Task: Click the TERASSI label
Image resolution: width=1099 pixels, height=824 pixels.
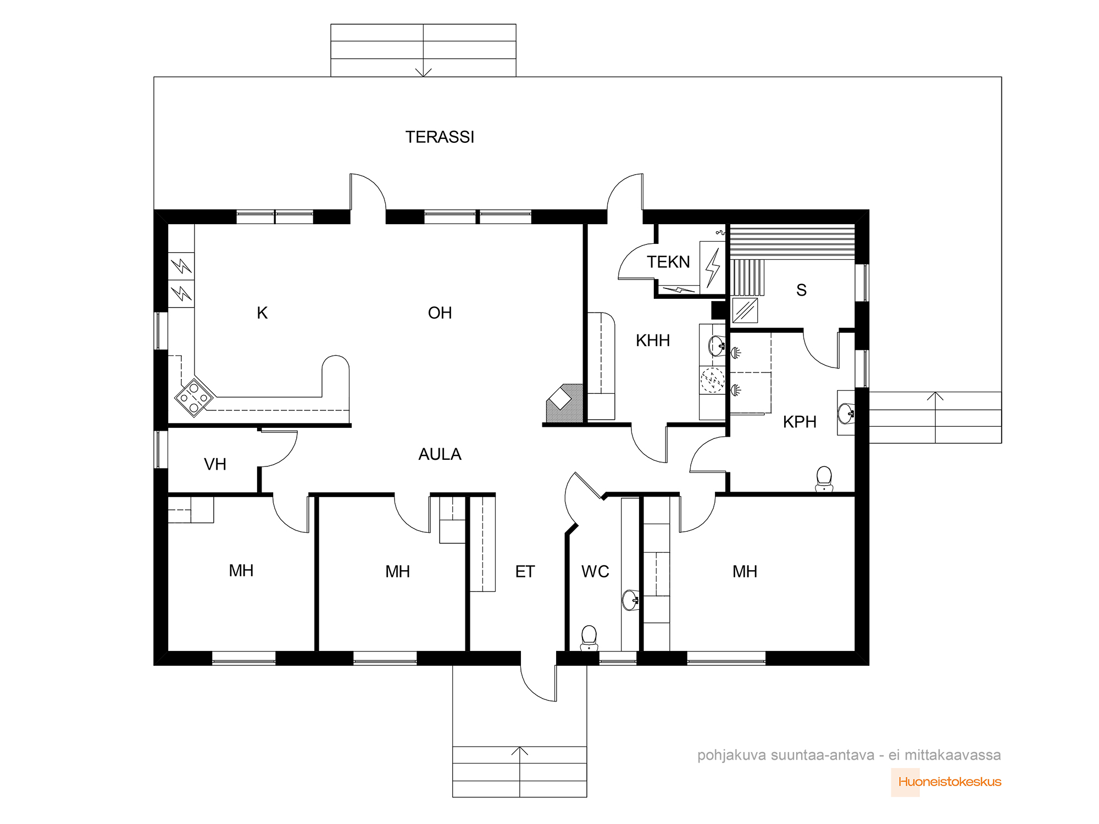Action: tap(440, 137)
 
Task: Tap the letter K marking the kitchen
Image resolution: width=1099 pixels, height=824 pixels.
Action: tap(262, 313)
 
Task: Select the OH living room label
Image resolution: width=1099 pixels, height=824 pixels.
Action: tap(440, 313)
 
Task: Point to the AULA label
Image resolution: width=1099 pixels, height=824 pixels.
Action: tap(440, 454)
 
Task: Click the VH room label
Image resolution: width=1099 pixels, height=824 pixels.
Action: tap(215, 464)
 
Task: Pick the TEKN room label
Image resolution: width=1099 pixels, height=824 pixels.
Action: tap(668, 262)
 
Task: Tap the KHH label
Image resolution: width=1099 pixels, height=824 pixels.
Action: tap(653, 341)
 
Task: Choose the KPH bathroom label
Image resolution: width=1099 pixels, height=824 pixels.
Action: tap(800, 422)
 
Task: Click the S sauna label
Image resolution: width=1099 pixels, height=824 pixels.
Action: tap(802, 290)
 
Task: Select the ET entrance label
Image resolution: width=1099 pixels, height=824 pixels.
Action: tap(525, 572)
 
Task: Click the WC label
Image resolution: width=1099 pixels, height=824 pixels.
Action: tap(595, 572)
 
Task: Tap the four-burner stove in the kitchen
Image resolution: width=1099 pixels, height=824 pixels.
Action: tap(194, 397)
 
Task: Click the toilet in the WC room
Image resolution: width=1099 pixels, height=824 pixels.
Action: tap(589, 638)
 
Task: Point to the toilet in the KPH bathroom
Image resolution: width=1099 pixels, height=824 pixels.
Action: tap(824, 479)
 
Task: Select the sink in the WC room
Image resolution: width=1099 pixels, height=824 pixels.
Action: tap(631, 600)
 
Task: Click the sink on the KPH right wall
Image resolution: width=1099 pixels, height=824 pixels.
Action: tap(846, 413)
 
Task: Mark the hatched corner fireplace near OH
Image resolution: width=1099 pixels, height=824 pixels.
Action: tap(564, 403)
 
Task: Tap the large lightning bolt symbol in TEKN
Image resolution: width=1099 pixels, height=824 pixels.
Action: tap(713, 268)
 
